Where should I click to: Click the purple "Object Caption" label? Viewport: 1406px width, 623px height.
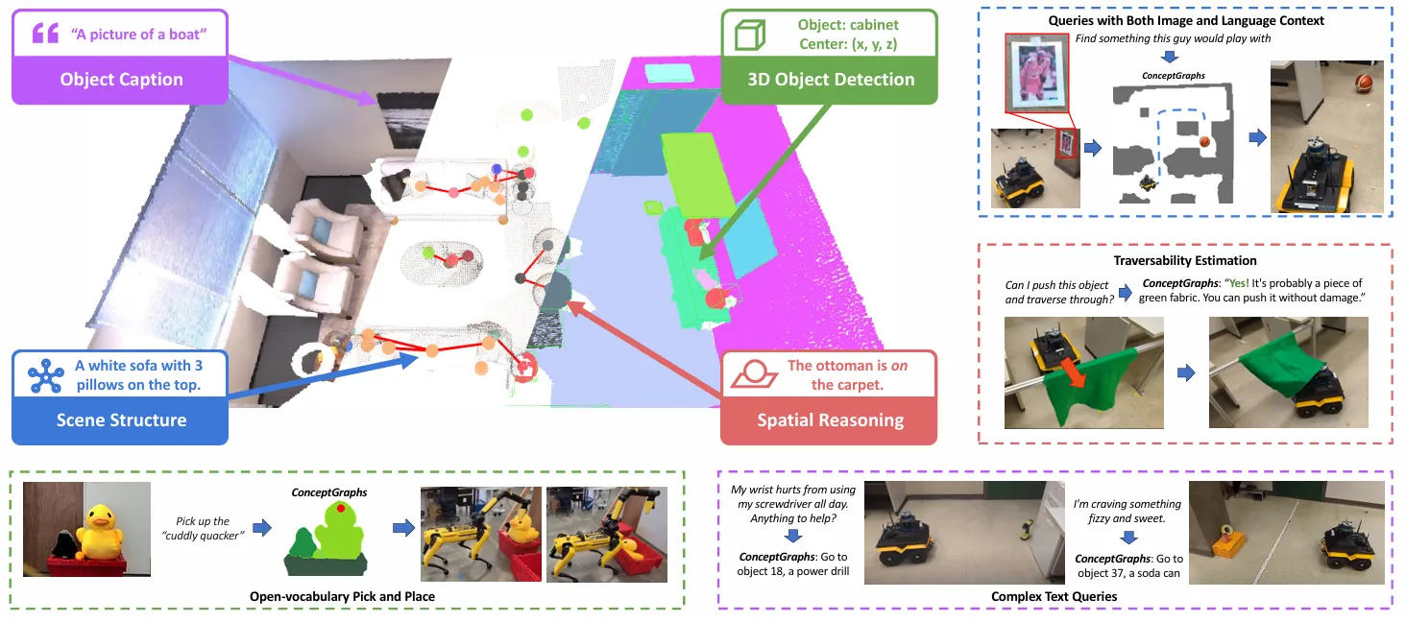click(x=121, y=79)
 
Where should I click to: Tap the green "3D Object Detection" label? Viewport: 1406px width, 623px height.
click(x=831, y=80)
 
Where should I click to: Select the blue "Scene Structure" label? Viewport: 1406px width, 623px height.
click(x=121, y=419)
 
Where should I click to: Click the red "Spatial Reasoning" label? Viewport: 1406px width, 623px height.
click(x=830, y=419)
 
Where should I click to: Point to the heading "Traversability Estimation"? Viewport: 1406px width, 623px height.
click(x=1185, y=260)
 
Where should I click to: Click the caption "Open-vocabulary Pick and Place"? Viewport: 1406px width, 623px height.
click(x=342, y=596)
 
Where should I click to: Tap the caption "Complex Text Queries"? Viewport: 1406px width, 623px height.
click(x=1054, y=596)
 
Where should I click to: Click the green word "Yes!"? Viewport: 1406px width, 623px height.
click(x=1214, y=284)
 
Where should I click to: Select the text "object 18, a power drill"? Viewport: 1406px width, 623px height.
click(x=794, y=573)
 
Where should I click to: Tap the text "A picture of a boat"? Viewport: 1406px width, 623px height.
click(x=138, y=35)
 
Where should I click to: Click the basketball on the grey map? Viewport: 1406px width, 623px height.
click(x=1204, y=143)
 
